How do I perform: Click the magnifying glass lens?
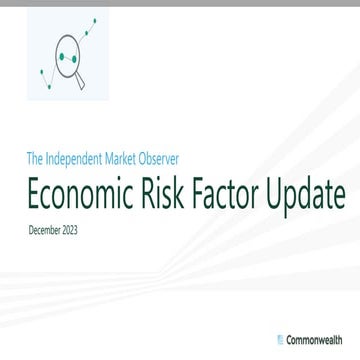pyautogui.click(x=68, y=61)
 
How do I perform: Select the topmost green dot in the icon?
pyautogui.click(x=94, y=19)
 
